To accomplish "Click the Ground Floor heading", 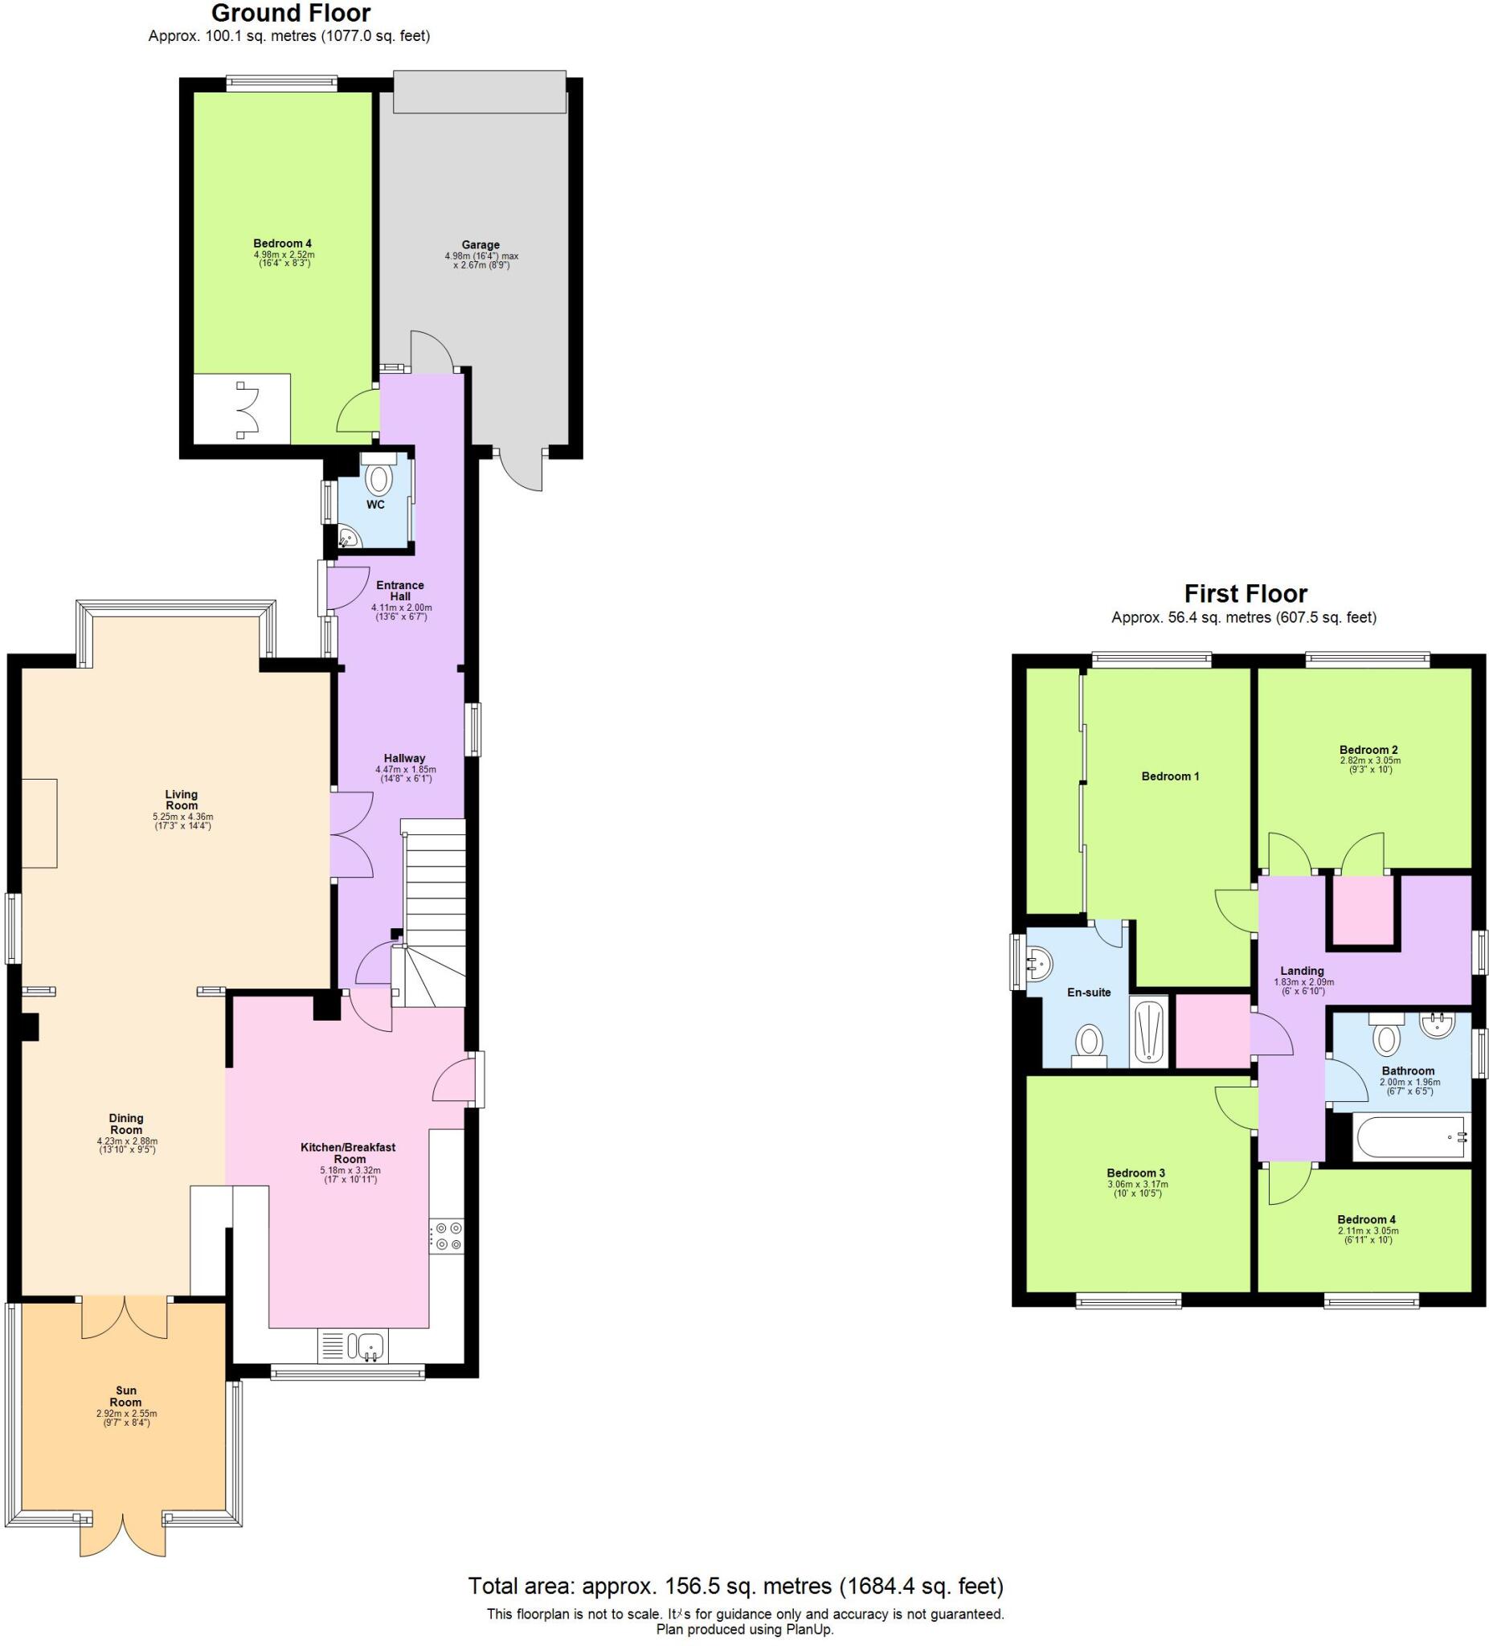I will (x=291, y=13).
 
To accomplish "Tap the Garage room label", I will (x=480, y=245).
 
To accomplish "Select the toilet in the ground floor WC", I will (x=376, y=479).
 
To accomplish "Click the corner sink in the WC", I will (x=348, y=537).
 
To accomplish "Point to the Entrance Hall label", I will (x=400, y=590).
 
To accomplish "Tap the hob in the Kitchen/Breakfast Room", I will (x=446, y=1235).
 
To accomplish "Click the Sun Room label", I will (x=125, y=1396).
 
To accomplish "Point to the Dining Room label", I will (x=125, y=1124).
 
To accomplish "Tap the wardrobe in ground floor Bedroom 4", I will (x=243, y=409).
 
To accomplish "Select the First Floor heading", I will (x=1245, y=594).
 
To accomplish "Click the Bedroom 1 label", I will (x=1170, y=776).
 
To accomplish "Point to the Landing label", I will (x=1302, y=972).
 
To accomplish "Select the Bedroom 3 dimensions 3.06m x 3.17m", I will (x=1137, y=1184).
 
